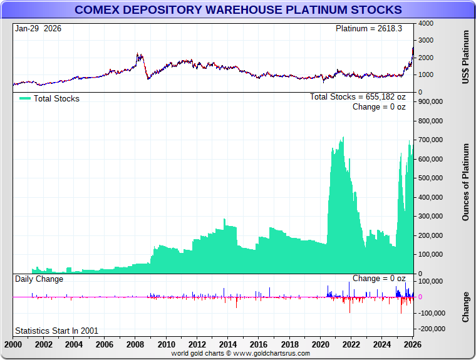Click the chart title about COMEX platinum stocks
(238, 10)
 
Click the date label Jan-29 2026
(38, 29)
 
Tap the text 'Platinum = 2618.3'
(371, 29)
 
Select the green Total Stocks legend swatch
(24, 98)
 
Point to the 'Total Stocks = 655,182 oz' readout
(358, 97)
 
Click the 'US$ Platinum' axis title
(465, 58)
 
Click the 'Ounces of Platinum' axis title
(465, 182)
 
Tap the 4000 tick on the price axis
(426, 23)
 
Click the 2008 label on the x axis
(135, 344)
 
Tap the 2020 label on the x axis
(320, 344)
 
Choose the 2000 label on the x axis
(13, 344)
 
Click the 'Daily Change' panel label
(39, 279)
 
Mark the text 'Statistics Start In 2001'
(56, 331)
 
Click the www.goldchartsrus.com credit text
(241, 354)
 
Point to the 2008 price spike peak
(138, 54)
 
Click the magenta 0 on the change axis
(420, 297)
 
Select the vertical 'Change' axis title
(465, 307)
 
